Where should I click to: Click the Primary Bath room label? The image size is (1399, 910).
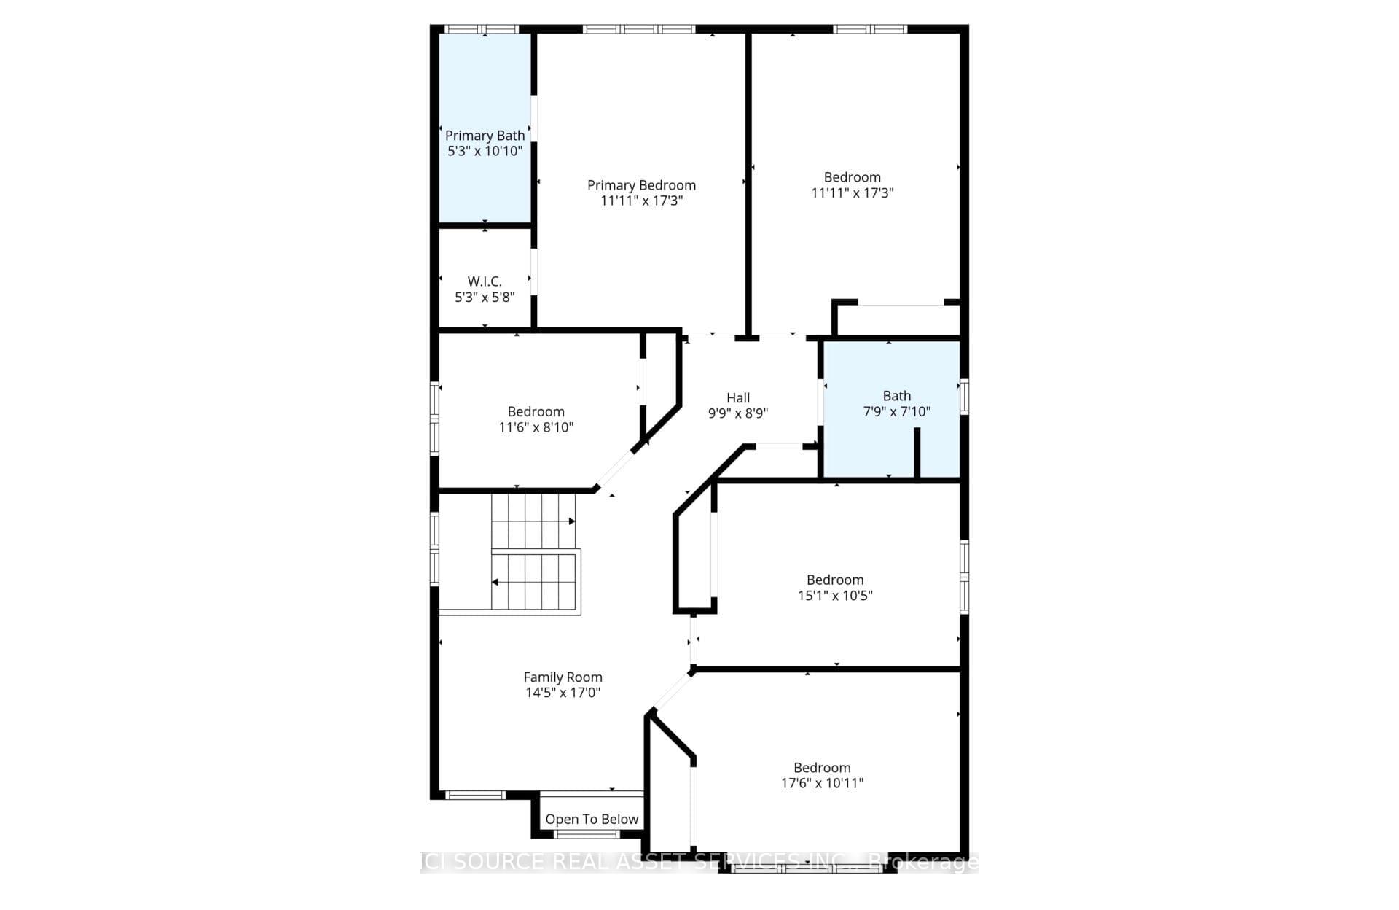(485, 136)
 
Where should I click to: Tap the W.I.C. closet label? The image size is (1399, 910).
(485, 281)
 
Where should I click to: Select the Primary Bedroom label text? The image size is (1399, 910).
(641, 185)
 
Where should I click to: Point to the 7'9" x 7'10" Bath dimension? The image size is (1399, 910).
(896, 412)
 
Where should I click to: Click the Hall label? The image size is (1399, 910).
(737, 398)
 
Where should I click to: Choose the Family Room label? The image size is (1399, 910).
(563, 677)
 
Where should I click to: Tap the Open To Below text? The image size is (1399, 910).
(592, 820)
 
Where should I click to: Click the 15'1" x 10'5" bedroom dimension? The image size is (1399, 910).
(835, 596)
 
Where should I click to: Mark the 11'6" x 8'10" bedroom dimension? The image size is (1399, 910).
(536, 428)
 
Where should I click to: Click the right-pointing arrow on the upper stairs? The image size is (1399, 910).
(572, 521)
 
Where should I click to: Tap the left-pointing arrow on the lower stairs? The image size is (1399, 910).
(495, 582)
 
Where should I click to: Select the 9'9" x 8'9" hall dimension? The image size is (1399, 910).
(737, 413)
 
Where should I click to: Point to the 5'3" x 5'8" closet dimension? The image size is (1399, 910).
(485, 297)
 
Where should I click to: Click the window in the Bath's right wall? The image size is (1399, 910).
(964, 397)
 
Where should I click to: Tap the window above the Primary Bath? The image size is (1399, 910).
(482, 29)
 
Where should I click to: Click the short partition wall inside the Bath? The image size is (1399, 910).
(917, 454)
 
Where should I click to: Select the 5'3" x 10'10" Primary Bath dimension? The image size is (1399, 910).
(485, 152)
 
